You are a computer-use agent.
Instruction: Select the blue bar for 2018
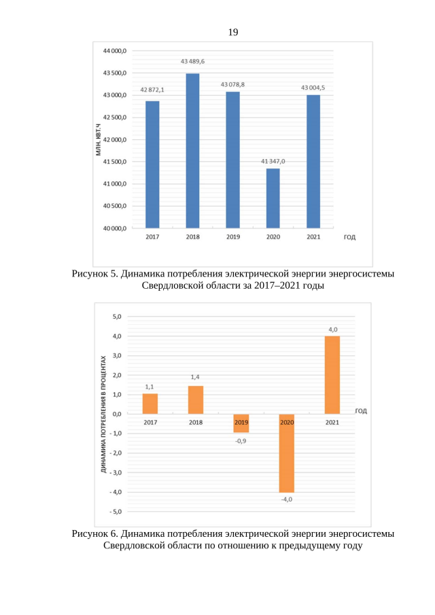tap(193, 150)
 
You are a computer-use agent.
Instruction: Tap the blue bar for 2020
tap(273, 198)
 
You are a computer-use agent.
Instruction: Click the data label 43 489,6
tap(193, 61)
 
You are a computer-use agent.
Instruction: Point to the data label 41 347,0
tap(273, 161)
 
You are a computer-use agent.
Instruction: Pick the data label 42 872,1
tap(152, 90)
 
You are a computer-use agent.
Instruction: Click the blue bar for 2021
tap(313, 161)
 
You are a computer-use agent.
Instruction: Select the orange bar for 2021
tap(332, 374)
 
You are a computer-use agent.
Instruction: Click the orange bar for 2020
tap(287, 453)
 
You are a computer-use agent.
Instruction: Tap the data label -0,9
tap(241, 441)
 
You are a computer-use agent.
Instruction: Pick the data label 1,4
tap(196, 376)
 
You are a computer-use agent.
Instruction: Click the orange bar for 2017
tap(150, 404)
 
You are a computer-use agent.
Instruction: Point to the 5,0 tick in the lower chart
tap(116, 317)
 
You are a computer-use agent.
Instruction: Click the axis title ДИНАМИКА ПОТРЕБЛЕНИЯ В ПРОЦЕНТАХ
tap(103, 414)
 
